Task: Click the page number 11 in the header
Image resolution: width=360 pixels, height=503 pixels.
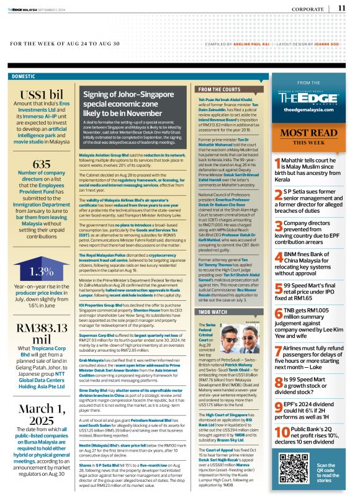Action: point(342,8)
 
